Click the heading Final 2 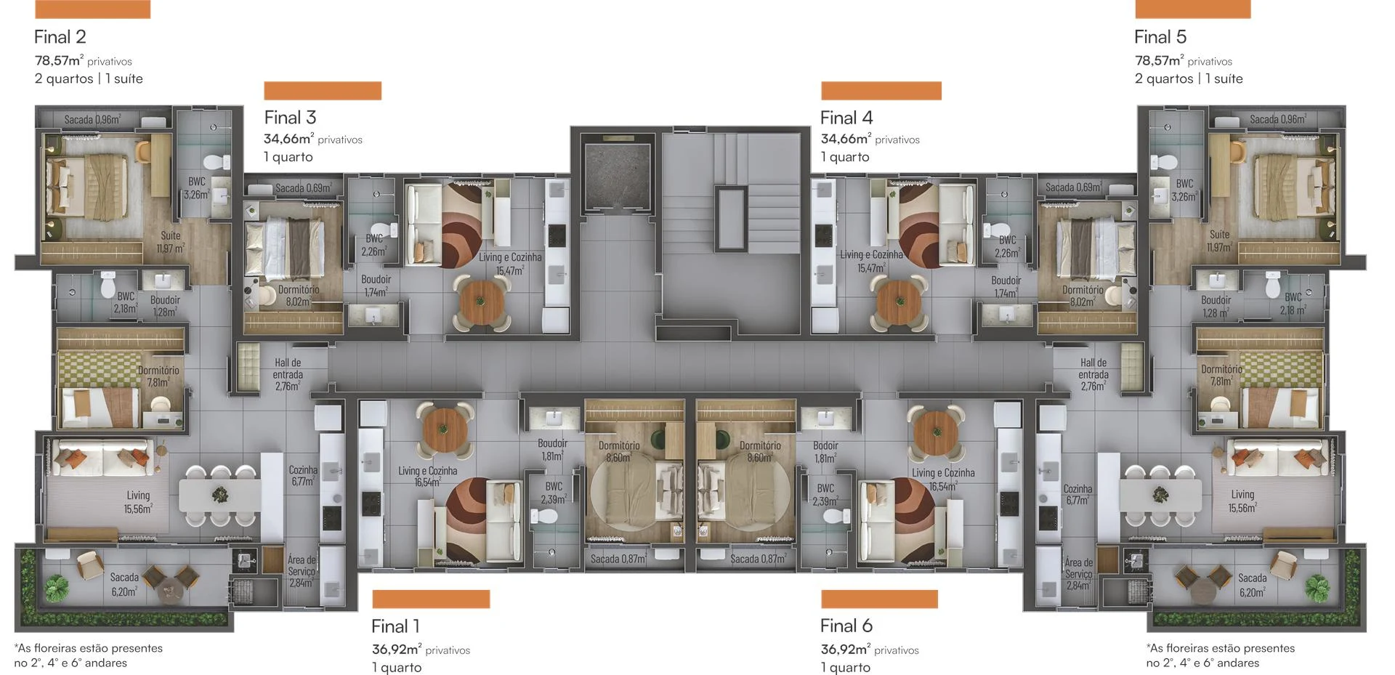click(60, 37)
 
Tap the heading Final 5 click(1160, 37)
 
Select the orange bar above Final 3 click(323, 91)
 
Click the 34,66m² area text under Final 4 click(846, 139)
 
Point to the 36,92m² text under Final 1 click(397, 650)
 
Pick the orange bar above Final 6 click(879, 599)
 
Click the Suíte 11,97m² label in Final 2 click(171, 242)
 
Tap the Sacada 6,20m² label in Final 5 click(1252, 585)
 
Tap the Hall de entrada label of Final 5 click(1093, 374)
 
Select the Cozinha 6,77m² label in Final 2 click(303, 476)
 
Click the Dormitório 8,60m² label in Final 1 click(619, 451)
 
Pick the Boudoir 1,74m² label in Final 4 click(1006, 286)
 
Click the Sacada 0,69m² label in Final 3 click(304, 188)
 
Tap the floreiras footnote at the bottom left click(89, 655)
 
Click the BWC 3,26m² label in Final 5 click(1184, 190)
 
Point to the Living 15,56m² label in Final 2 click(138, 502)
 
